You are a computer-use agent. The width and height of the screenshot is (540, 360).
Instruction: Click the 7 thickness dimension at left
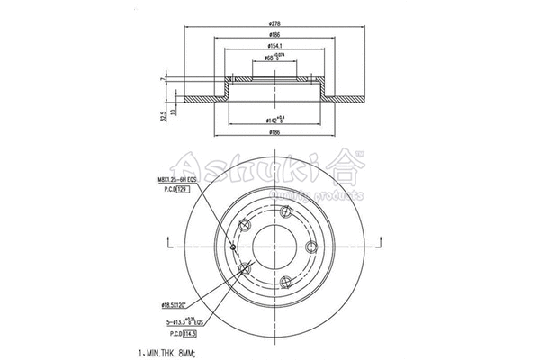[162, 81]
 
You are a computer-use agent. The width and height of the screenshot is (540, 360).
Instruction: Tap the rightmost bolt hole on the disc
[310, 249]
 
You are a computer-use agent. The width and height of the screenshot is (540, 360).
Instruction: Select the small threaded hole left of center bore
[233, 247]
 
